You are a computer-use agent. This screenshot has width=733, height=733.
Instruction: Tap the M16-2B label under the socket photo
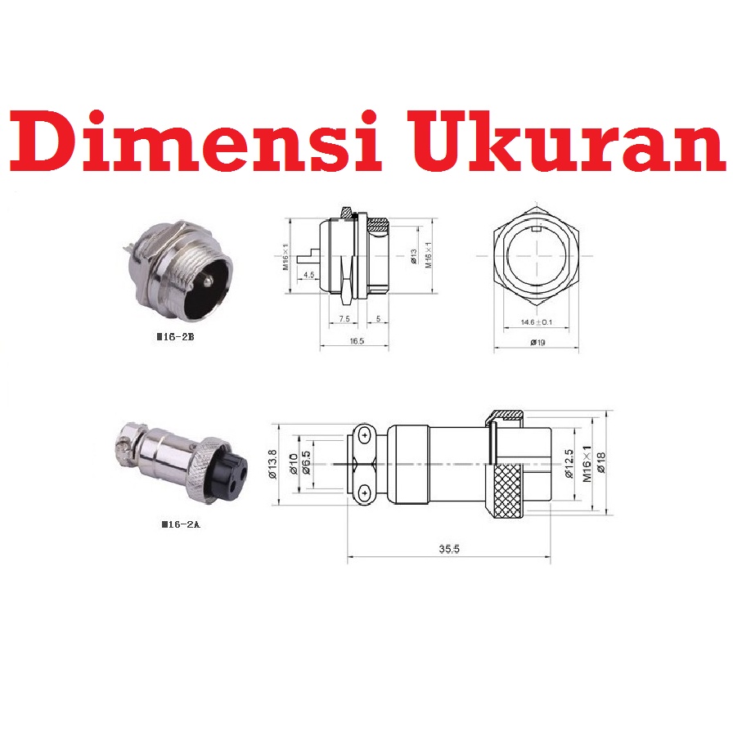pos(178,336)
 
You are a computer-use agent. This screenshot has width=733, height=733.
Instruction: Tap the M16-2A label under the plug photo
pos(181,524)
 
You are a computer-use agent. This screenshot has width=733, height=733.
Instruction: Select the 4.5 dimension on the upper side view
pos(309,276)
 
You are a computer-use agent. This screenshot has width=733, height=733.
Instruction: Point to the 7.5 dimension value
pos(344,318)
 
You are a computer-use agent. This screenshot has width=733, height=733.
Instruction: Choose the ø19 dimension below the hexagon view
pos(537,341)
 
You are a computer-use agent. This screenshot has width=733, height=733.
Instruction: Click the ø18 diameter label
pos(601,464)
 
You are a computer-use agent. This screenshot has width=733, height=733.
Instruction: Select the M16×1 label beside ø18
pos(586,464)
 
